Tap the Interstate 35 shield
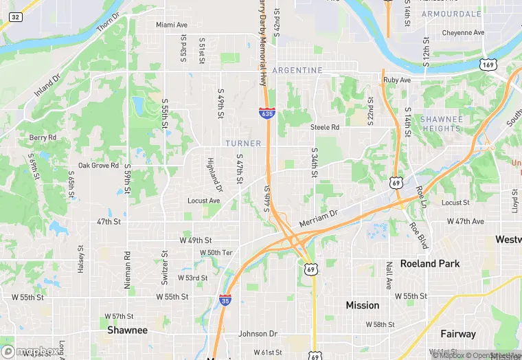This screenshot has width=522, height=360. click(x=225, y=300)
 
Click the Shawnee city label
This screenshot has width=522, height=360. click(x=127, y=330)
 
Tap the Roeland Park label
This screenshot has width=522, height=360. click(x=429, y=264)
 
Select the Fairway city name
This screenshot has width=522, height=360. click(x=458, y=334)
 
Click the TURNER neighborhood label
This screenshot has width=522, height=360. click(x=243, y=144)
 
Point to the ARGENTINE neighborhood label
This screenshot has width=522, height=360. click(x=297, y=71)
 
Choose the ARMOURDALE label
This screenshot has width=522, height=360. click(x=452, y=14)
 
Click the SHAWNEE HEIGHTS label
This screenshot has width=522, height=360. click(x=441, y=124)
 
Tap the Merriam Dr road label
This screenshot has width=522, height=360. click(x=319, y=218)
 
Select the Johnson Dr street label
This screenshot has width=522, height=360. click(x=258, y=334)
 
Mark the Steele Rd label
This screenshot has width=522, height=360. click(x=325, y=127)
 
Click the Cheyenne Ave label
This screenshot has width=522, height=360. click(x=463, y=32)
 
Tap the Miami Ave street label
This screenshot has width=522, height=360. click(x=172, y=25)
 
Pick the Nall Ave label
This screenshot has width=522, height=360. click(x=389, y=275)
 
